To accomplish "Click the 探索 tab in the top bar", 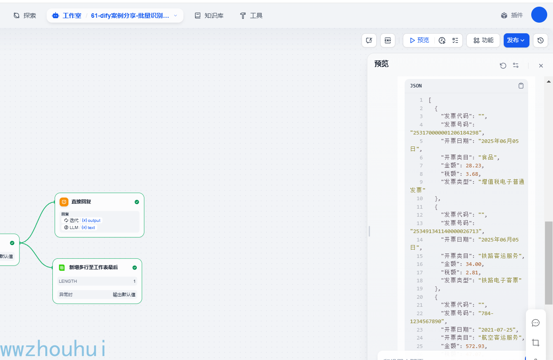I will (25, 16).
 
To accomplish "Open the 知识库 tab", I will (209, 16).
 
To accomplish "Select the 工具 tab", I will (251, 16).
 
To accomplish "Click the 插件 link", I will (512, 15).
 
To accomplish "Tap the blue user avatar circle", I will (539, 15).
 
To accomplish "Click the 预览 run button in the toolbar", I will (419, 40).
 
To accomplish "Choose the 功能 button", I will (483, 40).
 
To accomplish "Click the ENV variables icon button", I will (388, 40).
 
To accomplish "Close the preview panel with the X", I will (541, 66).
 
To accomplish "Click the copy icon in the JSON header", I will (521, 86).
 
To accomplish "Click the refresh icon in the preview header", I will (503, 66).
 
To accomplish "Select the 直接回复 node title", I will (81, 202).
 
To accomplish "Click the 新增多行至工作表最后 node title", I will (93, 268).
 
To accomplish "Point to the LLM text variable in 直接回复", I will (88, 228).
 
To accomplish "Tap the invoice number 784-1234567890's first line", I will (485, 313).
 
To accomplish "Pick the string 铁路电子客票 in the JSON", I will (500, 281).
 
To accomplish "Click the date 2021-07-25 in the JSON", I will (498, 330).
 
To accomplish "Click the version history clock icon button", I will (540, 40).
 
